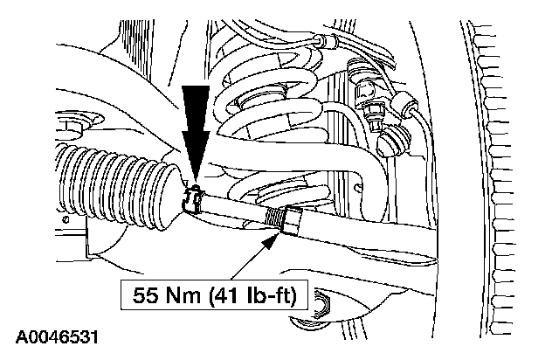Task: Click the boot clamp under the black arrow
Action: pos(195,200)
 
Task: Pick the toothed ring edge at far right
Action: pos(502,175)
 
